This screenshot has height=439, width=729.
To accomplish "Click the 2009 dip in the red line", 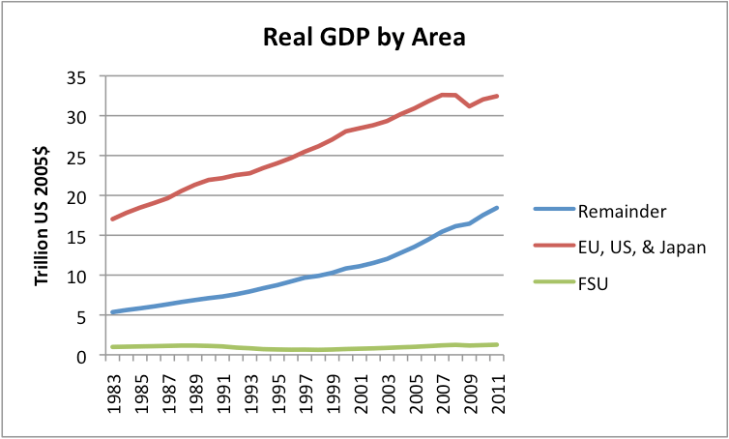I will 470,105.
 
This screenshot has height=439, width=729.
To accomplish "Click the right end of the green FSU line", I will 497,344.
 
